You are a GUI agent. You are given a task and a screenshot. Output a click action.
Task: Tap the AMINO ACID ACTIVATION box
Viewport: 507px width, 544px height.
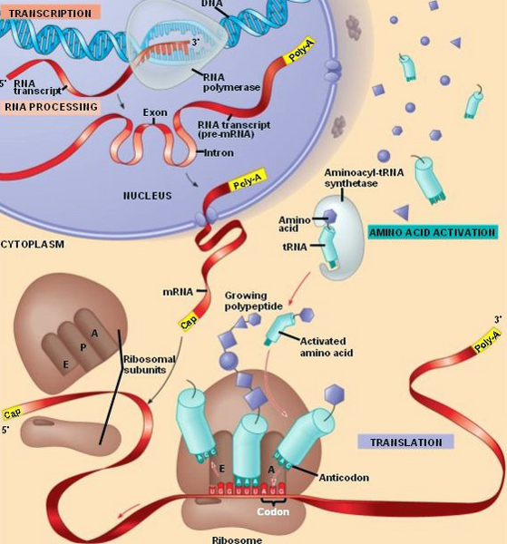(433, 231)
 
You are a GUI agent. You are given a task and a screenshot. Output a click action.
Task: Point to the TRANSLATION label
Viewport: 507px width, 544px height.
(405, 442)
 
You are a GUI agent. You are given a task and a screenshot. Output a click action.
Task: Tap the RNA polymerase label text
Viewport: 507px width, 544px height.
(229, 82)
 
